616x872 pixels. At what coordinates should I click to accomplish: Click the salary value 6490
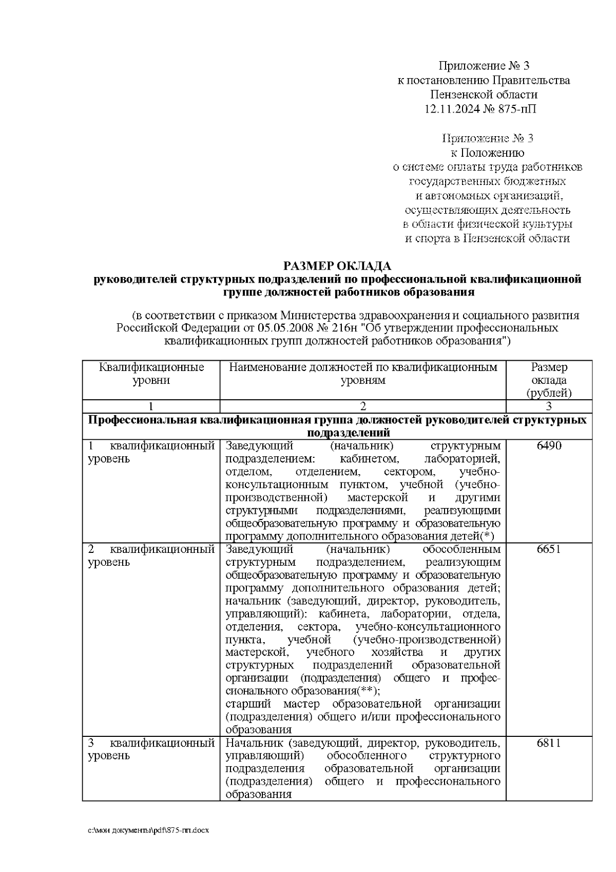click(x=549, y=446)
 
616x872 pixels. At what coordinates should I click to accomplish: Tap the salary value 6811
click(x=549, y=743)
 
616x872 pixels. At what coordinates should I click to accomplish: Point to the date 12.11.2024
click(x=452, y=109)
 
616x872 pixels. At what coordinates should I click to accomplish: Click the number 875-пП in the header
click(x=518, y=109)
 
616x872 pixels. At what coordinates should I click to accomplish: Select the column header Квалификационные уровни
click(x=151, y=374)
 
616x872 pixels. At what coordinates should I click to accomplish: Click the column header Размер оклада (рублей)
click(x=549, y=380)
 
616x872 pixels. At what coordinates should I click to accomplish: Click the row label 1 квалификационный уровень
click(x=151, y=452)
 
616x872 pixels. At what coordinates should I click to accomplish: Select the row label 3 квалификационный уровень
click(x=151, y=749)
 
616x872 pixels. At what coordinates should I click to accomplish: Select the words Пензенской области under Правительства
click(x=484, y=95)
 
